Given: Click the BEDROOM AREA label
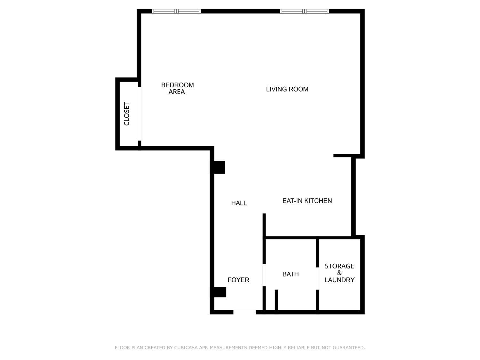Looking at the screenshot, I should tap(177, 88).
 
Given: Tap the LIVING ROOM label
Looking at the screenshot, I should tap(287, 89).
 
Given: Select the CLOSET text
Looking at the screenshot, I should tap(127, 114).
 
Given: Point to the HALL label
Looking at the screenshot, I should tap(239, 203).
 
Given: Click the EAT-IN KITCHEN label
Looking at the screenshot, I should tap(307, 201).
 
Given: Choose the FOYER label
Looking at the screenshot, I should tap(238, 280).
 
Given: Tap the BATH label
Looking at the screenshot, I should tap(290, 274).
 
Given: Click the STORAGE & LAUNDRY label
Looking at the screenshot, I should tap(339, 273).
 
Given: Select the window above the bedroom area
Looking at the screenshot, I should tap(176, 11).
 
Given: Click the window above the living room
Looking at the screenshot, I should tap(304, 11).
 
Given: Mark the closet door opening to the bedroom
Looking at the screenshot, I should tap(140, 114).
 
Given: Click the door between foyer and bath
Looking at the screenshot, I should tap(264, 275).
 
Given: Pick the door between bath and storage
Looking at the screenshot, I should tap(317, 278).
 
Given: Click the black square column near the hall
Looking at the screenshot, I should tap(219, 167).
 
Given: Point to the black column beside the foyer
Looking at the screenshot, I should tap(220, 292).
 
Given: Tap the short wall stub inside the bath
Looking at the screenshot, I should tap(276, 300).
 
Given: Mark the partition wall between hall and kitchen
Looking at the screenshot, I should tap(264, 225).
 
